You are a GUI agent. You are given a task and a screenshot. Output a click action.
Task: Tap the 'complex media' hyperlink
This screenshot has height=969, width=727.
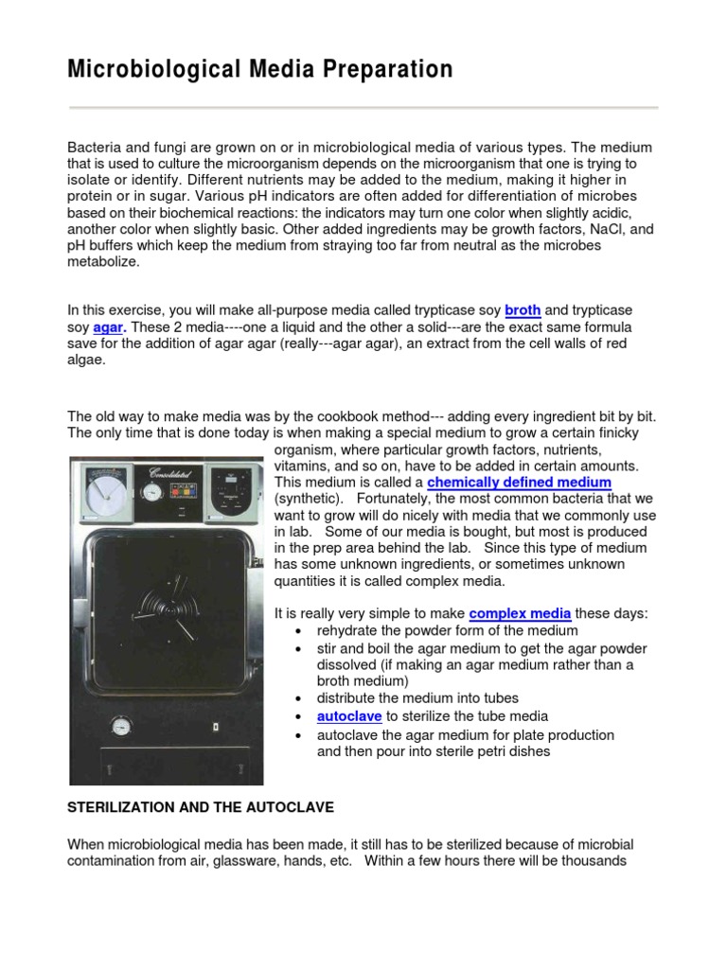click(520, 613)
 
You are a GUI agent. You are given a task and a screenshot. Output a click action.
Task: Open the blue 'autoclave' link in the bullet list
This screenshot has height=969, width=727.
click(349, 716)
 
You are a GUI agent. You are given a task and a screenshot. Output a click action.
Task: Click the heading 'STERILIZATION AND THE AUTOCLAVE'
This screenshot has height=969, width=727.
click(201, 807)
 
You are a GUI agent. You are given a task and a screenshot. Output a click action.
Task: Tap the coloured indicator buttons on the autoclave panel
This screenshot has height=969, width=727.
click(182, 493)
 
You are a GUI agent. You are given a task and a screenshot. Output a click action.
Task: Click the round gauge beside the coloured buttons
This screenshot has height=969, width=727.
click(151, 492)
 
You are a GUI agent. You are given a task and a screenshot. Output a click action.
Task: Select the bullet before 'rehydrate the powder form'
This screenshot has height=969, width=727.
click(299, 631)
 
